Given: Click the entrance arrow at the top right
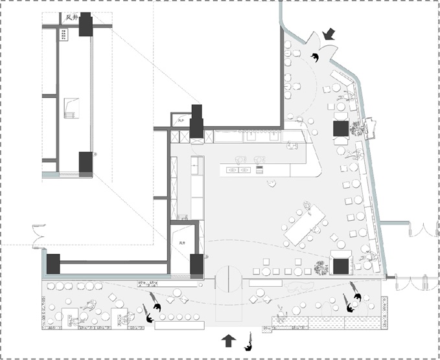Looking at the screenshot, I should point(330,34).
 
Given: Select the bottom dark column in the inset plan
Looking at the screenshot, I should point(86,163).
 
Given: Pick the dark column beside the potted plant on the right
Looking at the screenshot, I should point(341,128).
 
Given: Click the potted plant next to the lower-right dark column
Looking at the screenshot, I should point(321,266).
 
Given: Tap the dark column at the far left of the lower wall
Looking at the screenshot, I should point(52,264).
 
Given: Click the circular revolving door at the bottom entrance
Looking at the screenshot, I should point(228,280).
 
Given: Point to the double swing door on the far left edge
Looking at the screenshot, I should point(38,234).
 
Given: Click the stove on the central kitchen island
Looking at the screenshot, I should point(259,170).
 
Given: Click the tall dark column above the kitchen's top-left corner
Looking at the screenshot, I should point(196,121).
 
